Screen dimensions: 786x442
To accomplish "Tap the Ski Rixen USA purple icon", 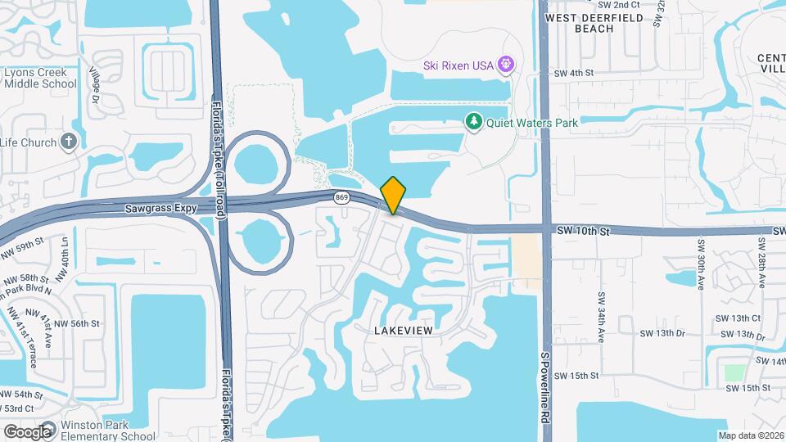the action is [x=507, y=64].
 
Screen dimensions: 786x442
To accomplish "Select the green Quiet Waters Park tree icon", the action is [x=473, y=123].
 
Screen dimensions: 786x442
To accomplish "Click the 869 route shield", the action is [x=342, y=197].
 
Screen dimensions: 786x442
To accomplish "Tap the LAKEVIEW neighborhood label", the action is [x=402, y=330].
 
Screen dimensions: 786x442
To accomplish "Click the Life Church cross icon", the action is [x=70, y=142].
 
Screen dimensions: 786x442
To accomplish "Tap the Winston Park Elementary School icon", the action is [x=47, y=428].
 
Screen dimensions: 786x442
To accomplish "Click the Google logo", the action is [x=27, y=431].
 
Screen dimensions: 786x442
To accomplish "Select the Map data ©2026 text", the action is [x=750, y=435].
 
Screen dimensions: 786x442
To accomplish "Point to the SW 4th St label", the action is [x=573, y=73].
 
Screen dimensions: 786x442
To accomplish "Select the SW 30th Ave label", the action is [x=702, y=264].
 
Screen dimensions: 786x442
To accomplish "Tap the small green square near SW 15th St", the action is [x=734, y=373].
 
